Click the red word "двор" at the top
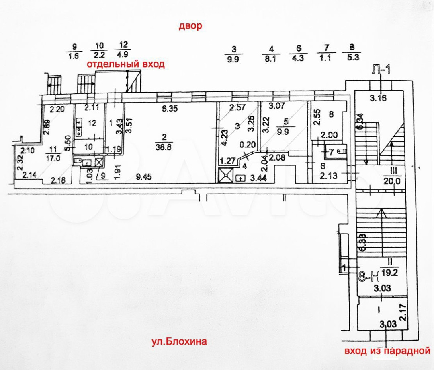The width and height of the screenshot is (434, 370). (x=190, y=27)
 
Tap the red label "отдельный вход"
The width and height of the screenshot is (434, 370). (x=126, y=64)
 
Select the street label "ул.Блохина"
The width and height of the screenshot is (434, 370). (x=179, y=342)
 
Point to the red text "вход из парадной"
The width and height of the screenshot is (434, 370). (x=385, y=351)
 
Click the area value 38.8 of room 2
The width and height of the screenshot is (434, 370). (x=163, y=148)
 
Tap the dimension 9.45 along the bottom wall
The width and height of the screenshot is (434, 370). (x=145, y=176)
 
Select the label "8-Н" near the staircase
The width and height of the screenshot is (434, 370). (x=368, y=277)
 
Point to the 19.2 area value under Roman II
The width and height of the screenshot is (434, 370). (x=389, y=271)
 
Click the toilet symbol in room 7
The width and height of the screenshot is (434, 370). (x=342, y=151)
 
